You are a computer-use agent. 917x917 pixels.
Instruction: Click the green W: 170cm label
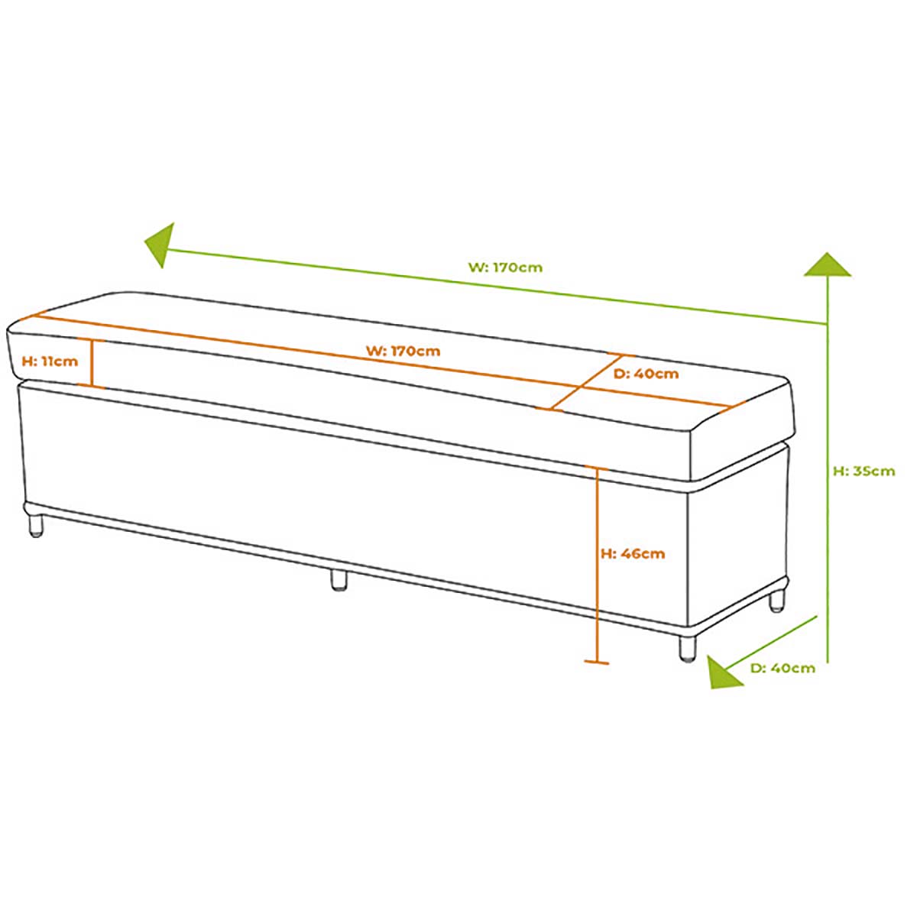[505, 267]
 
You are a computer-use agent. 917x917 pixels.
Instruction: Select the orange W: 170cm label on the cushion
[403, 352]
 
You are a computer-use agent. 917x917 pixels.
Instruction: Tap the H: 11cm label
[50, 361]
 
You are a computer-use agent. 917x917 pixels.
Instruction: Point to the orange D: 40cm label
[646, 374]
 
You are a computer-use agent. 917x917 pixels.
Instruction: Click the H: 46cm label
[633, 553]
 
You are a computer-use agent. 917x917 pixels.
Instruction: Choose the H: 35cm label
[864, 471]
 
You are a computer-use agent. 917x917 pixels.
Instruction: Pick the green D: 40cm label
[783, 668]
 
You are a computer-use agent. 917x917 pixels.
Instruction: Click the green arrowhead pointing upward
[827, 264]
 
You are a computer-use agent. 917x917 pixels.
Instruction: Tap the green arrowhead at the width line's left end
[160, 245]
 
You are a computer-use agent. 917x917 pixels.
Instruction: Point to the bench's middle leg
[339, 580]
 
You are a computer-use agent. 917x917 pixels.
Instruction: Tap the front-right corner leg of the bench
[687, 648]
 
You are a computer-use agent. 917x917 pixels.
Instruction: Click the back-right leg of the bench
[776, 601]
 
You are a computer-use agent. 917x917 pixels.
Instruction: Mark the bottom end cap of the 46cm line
[597, 662]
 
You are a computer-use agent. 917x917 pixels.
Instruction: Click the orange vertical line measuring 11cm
[91, 363]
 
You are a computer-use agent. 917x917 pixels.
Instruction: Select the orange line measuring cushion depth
[586, 382]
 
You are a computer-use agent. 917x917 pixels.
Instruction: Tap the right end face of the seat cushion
[742, 429]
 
